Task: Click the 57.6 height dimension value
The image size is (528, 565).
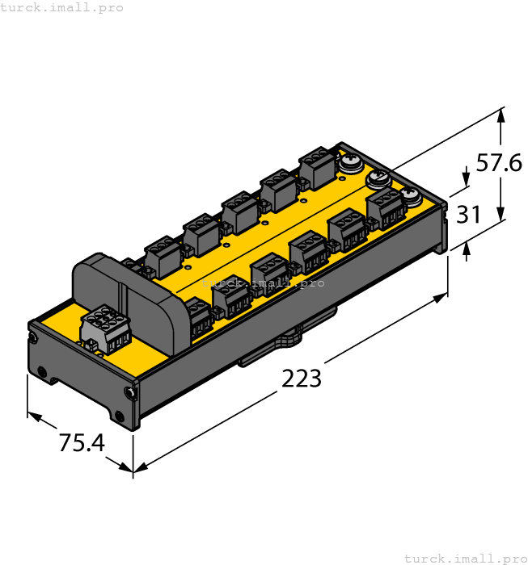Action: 498,164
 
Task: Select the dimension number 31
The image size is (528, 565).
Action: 469,216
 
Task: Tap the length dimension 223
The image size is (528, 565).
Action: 302,378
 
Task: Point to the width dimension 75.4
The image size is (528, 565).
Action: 82,442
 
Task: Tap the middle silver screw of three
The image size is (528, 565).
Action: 378,178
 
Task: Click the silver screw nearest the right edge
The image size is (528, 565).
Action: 410,195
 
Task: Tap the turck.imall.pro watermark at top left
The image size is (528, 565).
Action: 62,7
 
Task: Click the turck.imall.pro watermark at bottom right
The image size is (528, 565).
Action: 465,558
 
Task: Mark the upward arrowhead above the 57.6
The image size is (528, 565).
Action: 501,115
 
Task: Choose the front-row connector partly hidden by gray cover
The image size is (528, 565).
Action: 198,316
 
